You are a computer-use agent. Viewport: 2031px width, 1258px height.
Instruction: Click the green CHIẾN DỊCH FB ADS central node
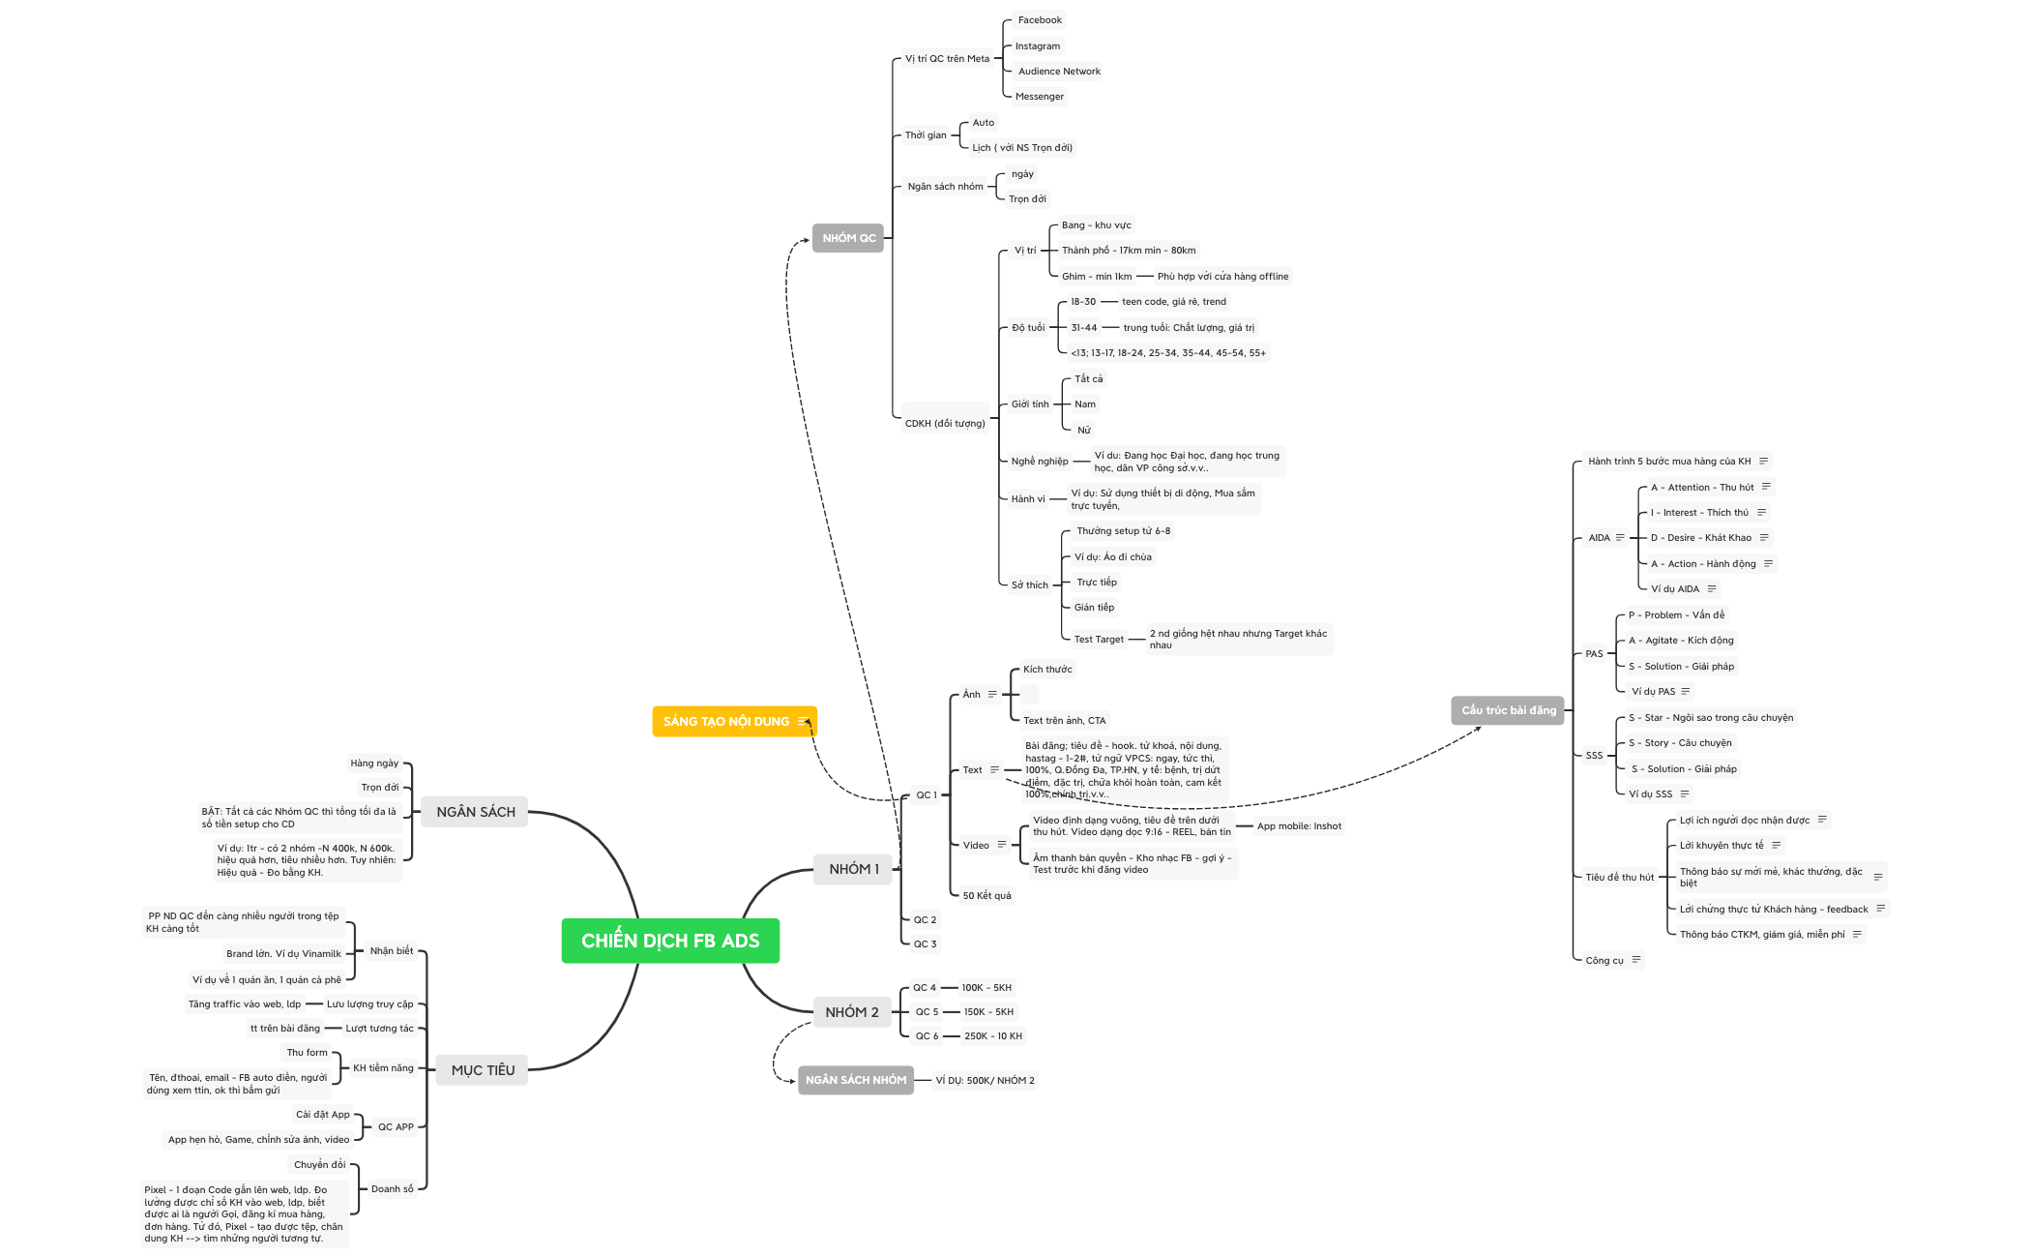click(x=670, y=941)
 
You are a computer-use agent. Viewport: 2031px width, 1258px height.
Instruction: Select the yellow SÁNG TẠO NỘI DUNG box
click(x=734, y=721)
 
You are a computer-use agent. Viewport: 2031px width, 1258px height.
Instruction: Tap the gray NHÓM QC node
click(x=848, y=238)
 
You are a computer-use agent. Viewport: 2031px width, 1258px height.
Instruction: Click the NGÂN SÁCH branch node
click(x=476, y=812)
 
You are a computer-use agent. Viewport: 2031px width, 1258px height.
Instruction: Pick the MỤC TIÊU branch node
click(x=483, y=1070)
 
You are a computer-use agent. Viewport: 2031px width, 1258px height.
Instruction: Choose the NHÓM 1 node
click(x=854, y=869)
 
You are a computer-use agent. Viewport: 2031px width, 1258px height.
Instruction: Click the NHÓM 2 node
click(x=852, y=1012)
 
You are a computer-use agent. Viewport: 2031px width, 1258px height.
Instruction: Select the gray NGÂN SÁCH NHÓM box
click(x=856, y=1080)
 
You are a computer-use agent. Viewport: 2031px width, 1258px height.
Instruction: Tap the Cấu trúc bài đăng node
click(x=1509, y=710)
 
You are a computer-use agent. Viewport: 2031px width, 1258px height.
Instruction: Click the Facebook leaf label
click(x=1040, y=20)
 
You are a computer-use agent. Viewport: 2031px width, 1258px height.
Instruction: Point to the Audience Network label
click(x=1059, y=72)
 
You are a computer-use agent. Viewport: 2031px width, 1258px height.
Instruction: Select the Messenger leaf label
click(x=1040, y=97)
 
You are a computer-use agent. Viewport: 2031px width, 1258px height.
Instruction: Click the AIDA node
click(x=1600, y=538)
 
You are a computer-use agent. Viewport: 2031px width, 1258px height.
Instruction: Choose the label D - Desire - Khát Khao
click(x=1701, y=538)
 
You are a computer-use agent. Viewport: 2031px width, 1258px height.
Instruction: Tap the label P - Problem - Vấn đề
click(x=1676, y=615)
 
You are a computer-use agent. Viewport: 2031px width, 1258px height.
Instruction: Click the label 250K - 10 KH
click(x=993, y=1036)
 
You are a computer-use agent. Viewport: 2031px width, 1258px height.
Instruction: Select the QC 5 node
click(x=927, y=1012)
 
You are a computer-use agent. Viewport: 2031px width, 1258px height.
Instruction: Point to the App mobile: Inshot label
click(x=1299, y=826)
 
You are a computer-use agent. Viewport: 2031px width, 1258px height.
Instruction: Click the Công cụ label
click(x=1604, y=961)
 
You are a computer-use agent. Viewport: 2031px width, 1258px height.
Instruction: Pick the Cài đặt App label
click(x=323, y=1115)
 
